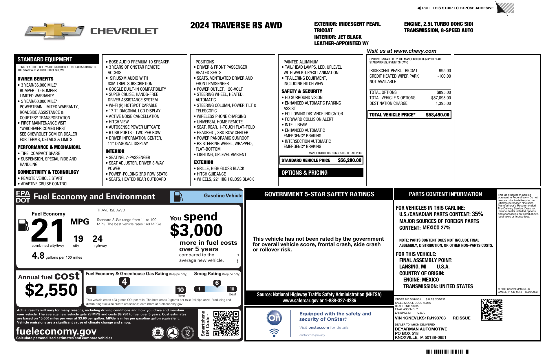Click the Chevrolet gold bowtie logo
tap(54, 31)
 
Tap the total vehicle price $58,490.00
tap(437, 115)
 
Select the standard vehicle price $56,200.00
tap(350, 160)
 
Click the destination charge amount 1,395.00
tap(443, 103)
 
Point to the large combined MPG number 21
tap(48, 231)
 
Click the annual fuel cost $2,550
tap(51, 290)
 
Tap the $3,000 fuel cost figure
tap(196, 231)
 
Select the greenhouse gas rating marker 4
tap(124, 282)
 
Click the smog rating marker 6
tap(217, 283)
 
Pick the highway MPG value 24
tap(97, 239)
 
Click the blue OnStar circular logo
tap(274, 318)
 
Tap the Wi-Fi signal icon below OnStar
tap(274, 332)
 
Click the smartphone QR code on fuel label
tap(226, 324)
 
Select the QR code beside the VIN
tap(491, 310)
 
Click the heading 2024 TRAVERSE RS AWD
tap(236, 25)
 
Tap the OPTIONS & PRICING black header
tap(321, 173)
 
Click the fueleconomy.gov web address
tap(56, 331)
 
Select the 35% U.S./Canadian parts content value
tap(477, 214)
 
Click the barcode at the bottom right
tap(447, 352)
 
